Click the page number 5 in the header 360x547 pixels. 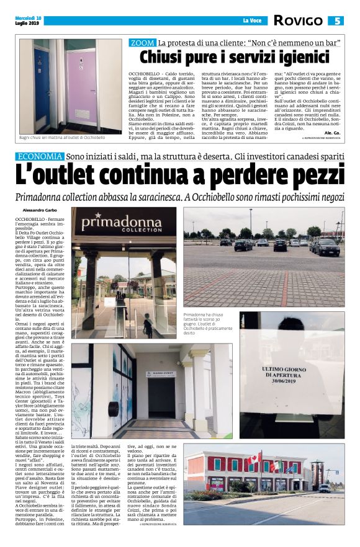[337, 21]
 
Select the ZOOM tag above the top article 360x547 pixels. [142, 43]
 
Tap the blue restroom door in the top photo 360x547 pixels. [48, 87]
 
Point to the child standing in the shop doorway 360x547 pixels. [147, 327]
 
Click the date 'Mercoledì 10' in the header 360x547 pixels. [26, 17]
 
